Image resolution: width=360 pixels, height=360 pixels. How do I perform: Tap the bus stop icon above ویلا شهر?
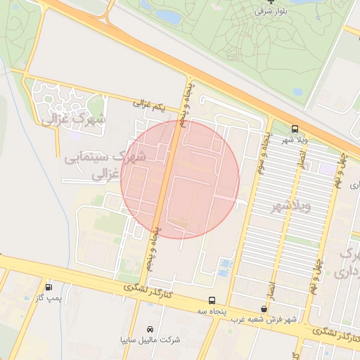pyautogui.click(x=295, y=129)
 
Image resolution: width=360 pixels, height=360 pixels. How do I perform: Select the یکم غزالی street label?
pyautogui.click(x=153, y=105)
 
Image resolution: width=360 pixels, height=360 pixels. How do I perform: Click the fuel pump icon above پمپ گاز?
pyautogui.click(x=49, y=287)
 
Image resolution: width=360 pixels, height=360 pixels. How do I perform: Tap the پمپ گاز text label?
pyautogui.click(x=50, y=299)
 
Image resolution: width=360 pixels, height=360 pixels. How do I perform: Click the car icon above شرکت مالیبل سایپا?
pyautogui.click(x=150, y=329)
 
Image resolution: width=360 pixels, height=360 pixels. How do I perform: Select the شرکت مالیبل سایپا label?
pyautogui.click(x=150, y=340)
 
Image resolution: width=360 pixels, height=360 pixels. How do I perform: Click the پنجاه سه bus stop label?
pyautogui.click(x=211, y=309)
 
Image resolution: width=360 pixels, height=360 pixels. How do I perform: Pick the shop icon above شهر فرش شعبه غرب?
pyautogui.click(x=264, y=309)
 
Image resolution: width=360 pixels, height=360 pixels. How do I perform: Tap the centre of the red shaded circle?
pyautogui.click(x=180, y=179)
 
